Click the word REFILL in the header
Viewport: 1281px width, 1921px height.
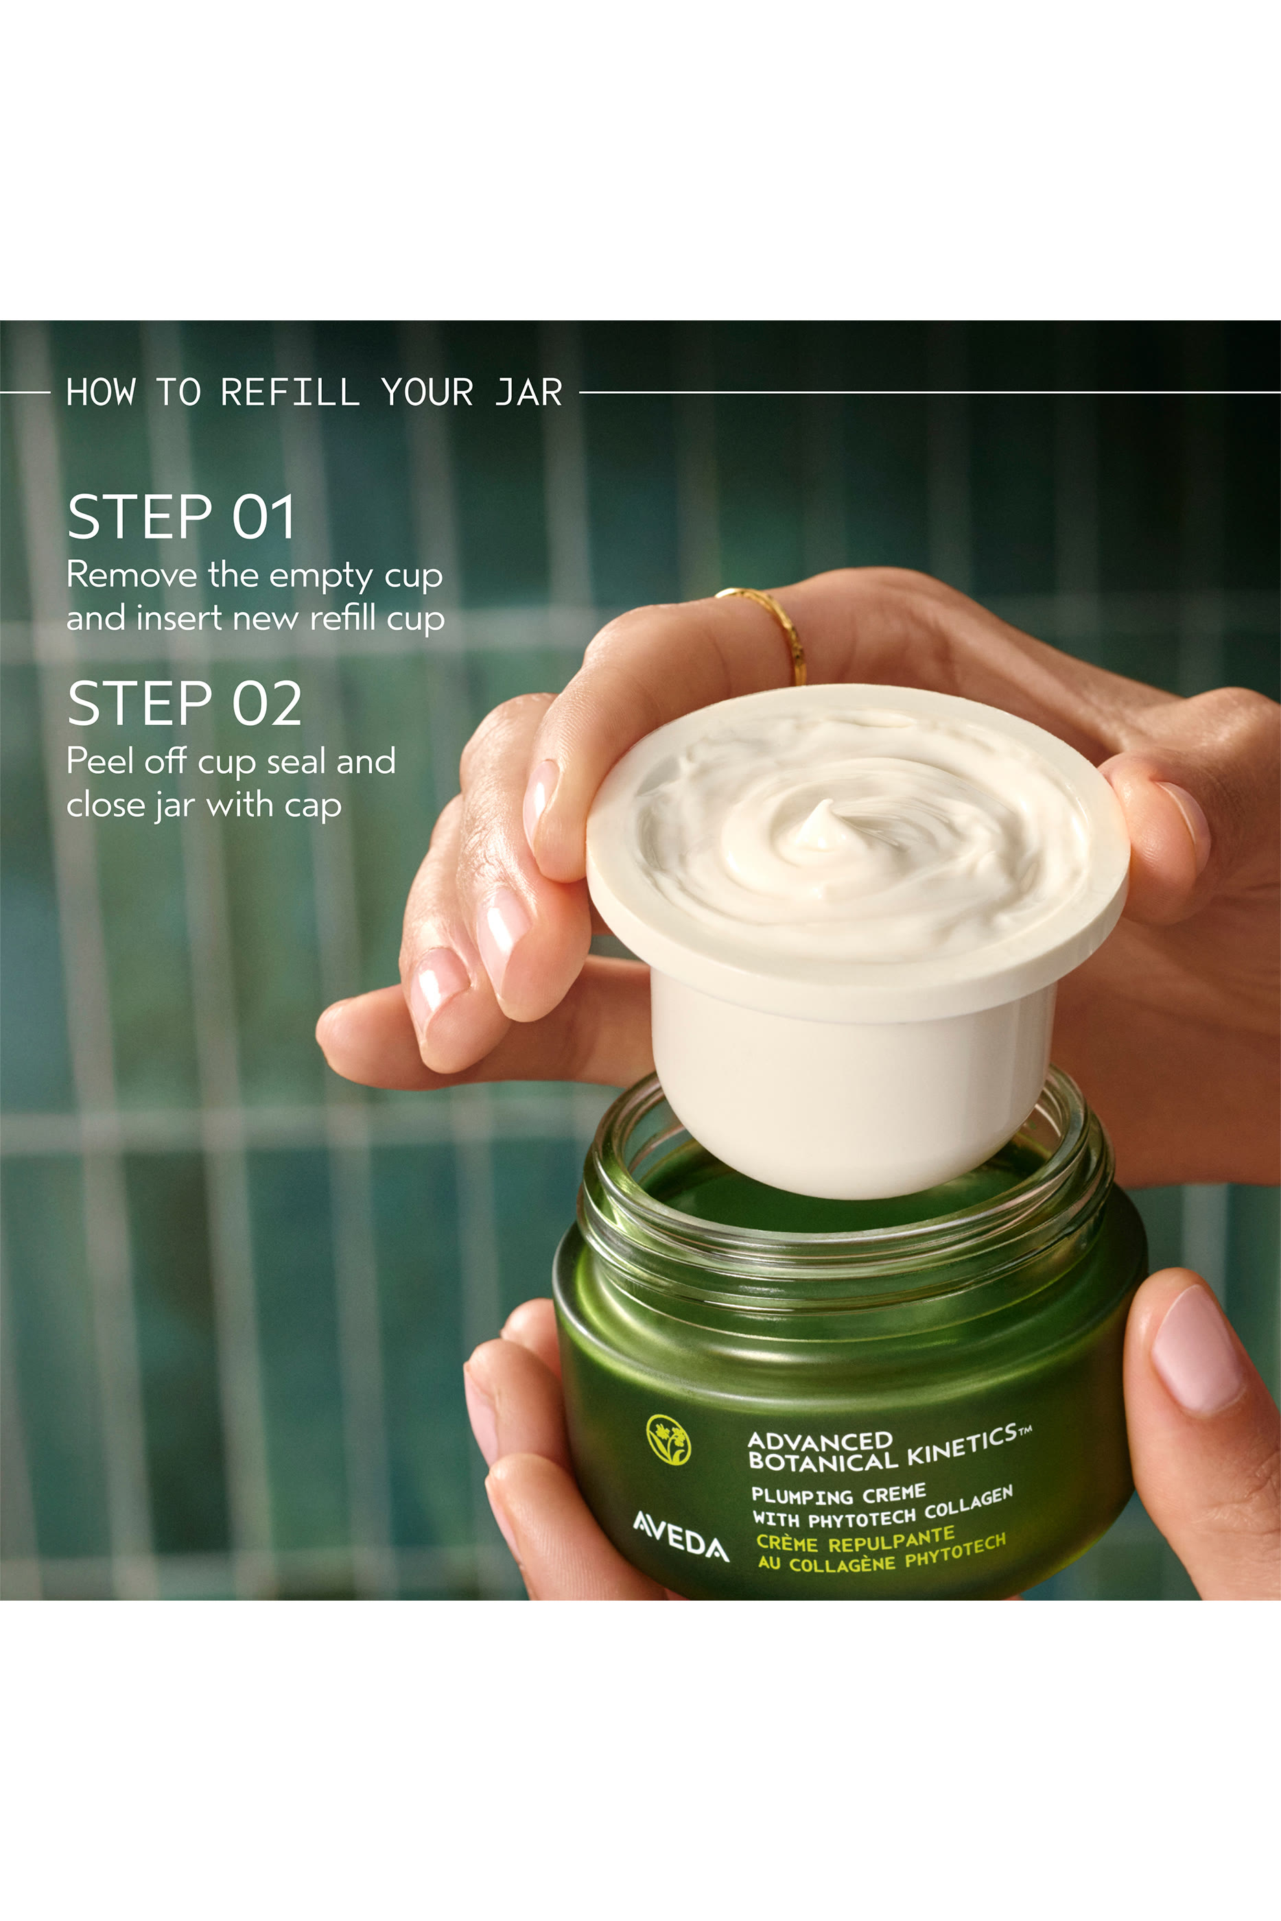pyautogui.click(x=290, y=393)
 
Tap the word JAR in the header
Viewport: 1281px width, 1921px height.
pyautogui.click(x=528, y=393)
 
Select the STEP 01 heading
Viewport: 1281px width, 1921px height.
pyautogui.click(x=180, y=517)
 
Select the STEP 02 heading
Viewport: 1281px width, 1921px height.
pyautogui.click(x=184, y=703)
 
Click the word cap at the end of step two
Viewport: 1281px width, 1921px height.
pyautogui.click(x=312, y=806)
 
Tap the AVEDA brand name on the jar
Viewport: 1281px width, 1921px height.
pyautogui.click(x=681, y=1535)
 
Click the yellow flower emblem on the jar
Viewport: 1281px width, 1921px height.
pyautogui.click(x=668, y=1440)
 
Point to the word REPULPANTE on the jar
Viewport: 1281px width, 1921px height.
pyautogui.click(x=891, y=1539)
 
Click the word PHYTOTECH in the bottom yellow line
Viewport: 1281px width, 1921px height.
pyautogui.click(x=954, y=1551)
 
